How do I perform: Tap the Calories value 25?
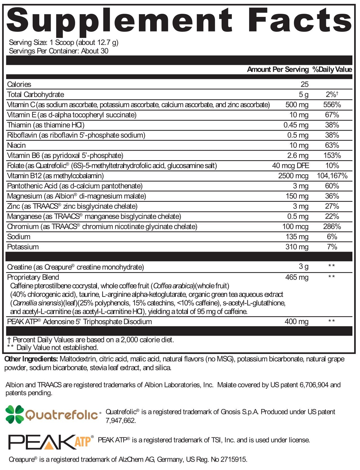(304, 84)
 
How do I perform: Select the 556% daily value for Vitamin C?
(332, 105)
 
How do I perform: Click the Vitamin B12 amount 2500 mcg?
(293, 176)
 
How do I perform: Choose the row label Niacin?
(16, 145)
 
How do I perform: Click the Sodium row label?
(19, 237)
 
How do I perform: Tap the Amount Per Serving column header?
(278, 69)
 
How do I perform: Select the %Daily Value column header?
(332, 69)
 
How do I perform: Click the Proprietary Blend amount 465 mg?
(297, 277)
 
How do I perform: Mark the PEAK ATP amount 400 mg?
(296, 322)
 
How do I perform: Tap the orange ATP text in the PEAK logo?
(83, 442)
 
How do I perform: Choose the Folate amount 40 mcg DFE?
(291, 166)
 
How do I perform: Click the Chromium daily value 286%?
(332, 227)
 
